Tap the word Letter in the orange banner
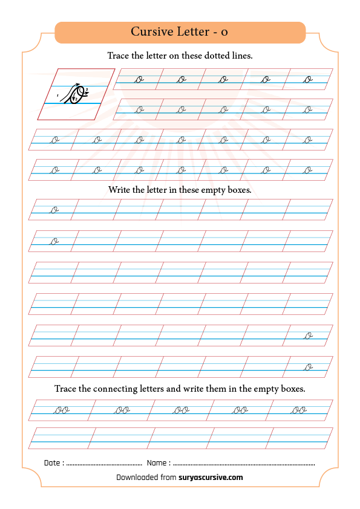tap(194, 31)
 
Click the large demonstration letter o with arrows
tap(75, 94)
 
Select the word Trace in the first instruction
tap(118, 56)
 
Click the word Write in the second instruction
tap(119, 190)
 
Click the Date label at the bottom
tap(52, 462)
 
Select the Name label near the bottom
tap(157, 462)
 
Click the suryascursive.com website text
tap(211, 478)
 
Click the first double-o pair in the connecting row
tap(62, 410)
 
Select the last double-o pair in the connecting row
tap(299, 410)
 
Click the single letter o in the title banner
tap(224, 33)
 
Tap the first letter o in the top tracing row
tap(139, 80)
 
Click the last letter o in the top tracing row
tap(308, 80)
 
